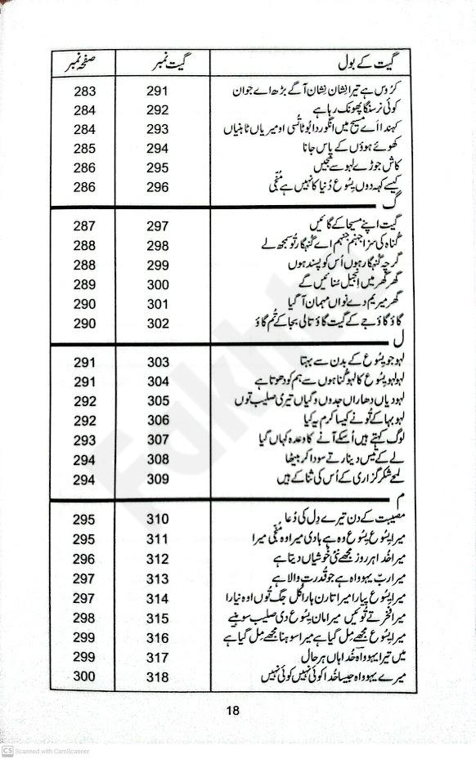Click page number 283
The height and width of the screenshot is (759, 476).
click(84, 89)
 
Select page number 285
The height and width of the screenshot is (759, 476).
click(84, 148)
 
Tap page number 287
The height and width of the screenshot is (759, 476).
click(84, 225)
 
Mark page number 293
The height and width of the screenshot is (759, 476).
click(84, 440)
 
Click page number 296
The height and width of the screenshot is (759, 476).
click(84, 559)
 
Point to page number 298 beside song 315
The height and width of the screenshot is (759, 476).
click(84, 618)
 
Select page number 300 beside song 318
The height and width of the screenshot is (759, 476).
click(84, 676)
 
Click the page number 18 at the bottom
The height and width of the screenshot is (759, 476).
click(233, 710)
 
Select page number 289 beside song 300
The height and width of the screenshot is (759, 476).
click(84, 284)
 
